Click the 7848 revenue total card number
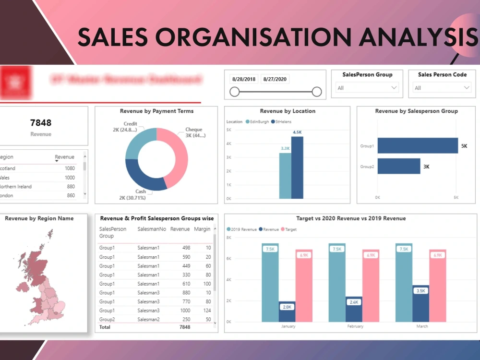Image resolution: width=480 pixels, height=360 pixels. (40, 123)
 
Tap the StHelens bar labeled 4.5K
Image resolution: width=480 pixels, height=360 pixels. (297, 168)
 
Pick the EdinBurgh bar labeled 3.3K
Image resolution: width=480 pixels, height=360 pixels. (285, 176)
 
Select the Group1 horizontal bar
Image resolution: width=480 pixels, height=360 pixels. (417, 145)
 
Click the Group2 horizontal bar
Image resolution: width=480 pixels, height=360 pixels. (398, 166)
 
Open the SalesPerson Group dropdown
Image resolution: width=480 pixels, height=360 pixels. (368, 88)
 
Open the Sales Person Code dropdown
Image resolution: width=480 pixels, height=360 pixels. (442, 88)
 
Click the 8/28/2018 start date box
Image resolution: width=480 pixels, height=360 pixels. (244, 79)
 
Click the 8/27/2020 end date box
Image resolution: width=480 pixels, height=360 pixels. (275, 79)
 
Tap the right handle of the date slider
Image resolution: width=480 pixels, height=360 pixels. (316, 92)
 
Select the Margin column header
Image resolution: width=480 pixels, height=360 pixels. (202, 229)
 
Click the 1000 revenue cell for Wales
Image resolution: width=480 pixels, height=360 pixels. (70, 178)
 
